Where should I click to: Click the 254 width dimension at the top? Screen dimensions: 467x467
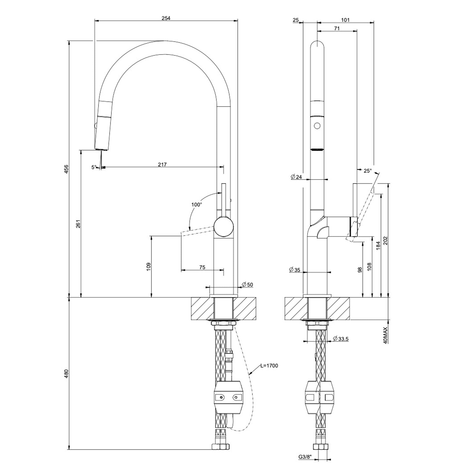[x=166, y=18]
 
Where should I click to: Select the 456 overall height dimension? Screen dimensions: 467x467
[x=66, y=169]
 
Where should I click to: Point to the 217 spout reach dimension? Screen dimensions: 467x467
[x=162, y=165]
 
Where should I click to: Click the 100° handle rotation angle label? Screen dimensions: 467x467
[x=196, y=205]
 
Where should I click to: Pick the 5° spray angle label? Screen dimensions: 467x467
[x=94, y=167]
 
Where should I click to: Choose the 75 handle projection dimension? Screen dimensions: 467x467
[x=202, y=267]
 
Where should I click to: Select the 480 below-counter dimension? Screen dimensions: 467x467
[x=66, y=374]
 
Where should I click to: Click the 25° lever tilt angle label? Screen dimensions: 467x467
[x=367, y=171]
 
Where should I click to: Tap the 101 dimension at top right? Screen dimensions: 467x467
[x=345, y=20]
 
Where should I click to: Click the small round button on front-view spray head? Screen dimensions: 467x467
[x=317, y=126]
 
